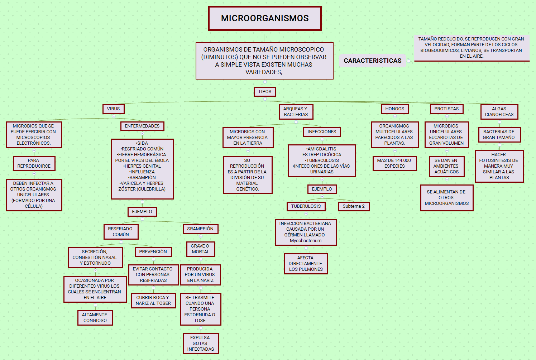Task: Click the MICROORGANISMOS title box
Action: [x=265, y=18]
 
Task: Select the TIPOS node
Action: [x=265, y=92]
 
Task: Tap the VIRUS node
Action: [x=113, y=109]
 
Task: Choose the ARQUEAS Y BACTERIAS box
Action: [x=296, y=112]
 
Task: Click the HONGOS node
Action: [x=394, y=109]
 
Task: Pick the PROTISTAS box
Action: [x=446, y=109]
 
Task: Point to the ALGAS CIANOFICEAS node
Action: [x=499, y=112]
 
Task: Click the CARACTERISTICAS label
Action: [x=373, y=61]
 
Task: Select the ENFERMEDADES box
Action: [x=142, y=126]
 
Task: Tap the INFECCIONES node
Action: [x=322, y=132]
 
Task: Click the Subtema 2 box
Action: [x=353, y=206]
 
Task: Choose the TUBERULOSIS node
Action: [x=306, y=206]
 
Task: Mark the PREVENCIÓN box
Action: [x=153, y=252]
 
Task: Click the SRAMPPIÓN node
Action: [x=200, y=229]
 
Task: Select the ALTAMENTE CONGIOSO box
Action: [x=95, y=318]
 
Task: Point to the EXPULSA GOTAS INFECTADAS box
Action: [x=200, y=344]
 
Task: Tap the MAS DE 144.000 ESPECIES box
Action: [x=394, y=163]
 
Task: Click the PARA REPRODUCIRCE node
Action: [x=34, y=163]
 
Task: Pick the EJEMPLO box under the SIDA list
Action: [x=142, y=212]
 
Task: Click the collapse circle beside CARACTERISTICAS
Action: [x=408, y=61]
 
